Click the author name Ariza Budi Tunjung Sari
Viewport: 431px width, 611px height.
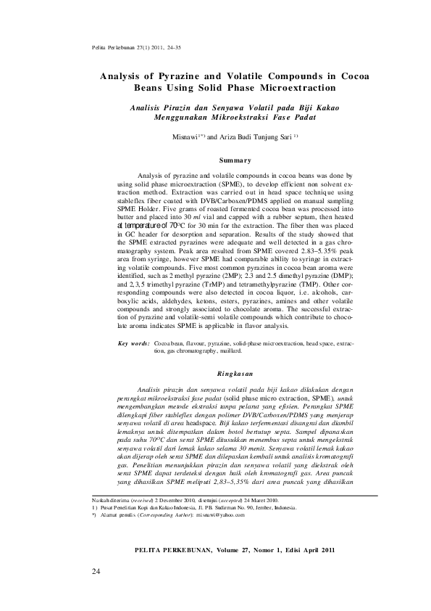click(245, 136)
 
